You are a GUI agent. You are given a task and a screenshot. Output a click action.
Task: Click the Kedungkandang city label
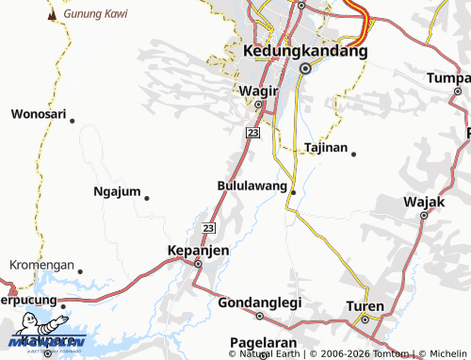coord(304,51)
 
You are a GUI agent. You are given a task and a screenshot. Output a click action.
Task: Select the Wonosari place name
coord(39,114)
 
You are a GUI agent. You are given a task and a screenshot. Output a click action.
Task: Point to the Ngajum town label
coord(117,191)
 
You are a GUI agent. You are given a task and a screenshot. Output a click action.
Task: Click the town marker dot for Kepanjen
coord(198,265)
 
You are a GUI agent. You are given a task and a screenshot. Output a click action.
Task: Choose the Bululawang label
coord(252,186)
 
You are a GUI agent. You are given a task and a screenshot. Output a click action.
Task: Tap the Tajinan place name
coord(326,148)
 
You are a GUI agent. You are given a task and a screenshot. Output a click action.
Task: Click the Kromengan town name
coord(41,265)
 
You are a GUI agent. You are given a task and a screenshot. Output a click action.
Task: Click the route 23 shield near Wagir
coord(252,134)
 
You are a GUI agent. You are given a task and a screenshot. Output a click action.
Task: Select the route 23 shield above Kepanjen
coord(209,228)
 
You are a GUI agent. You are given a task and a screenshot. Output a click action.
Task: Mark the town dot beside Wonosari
coord(73,120)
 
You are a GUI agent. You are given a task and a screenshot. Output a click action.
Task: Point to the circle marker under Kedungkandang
coord(304,69)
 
